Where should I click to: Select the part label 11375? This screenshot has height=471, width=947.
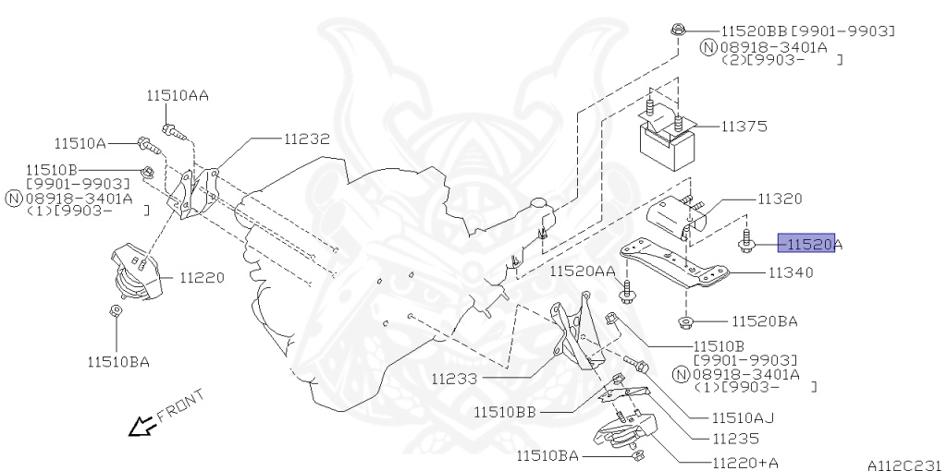coord(744,126)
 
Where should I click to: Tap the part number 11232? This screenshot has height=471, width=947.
coord(306,139)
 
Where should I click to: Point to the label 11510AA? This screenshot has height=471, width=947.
coord(177,94)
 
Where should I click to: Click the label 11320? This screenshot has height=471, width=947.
coord(780,199)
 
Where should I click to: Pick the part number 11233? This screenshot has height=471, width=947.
coord(454,378)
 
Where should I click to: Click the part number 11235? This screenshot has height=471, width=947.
coord(735,439)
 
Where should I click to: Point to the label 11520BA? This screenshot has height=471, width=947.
coord(765,321)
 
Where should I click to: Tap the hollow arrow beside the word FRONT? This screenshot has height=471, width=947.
coord(141,426)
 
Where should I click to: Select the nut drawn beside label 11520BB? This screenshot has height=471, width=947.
coord(678,30)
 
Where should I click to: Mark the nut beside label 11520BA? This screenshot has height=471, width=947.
coord(685,321)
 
